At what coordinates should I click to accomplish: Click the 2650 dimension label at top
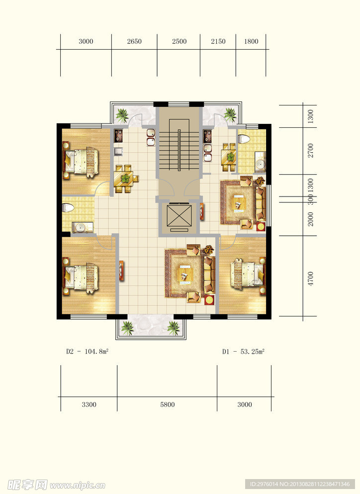click(134, 41)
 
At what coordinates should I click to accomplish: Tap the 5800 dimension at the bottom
click(167, 404)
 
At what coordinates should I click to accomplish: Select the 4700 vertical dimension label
click(311, 279)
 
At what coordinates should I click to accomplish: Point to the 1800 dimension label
click(251, 41)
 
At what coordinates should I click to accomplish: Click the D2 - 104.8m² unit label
click(87, 351)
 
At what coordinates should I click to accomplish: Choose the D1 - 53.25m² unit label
click(243, 351)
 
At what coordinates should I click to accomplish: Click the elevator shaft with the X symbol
click(179, 215)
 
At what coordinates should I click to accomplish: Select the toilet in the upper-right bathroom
click(244, 139)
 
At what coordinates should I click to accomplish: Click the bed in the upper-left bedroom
click(82, 161)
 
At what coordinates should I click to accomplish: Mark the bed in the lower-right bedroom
click(248, 274)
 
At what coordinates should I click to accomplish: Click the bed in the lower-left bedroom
click(82, 276)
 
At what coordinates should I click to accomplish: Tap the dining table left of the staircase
click(126, 179)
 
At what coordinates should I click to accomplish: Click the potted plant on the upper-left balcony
click(122, 115)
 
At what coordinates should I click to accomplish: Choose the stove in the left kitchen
click(118, 135)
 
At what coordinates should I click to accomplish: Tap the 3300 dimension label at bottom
click(89, 404)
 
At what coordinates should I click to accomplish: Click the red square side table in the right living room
click(261, 227)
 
